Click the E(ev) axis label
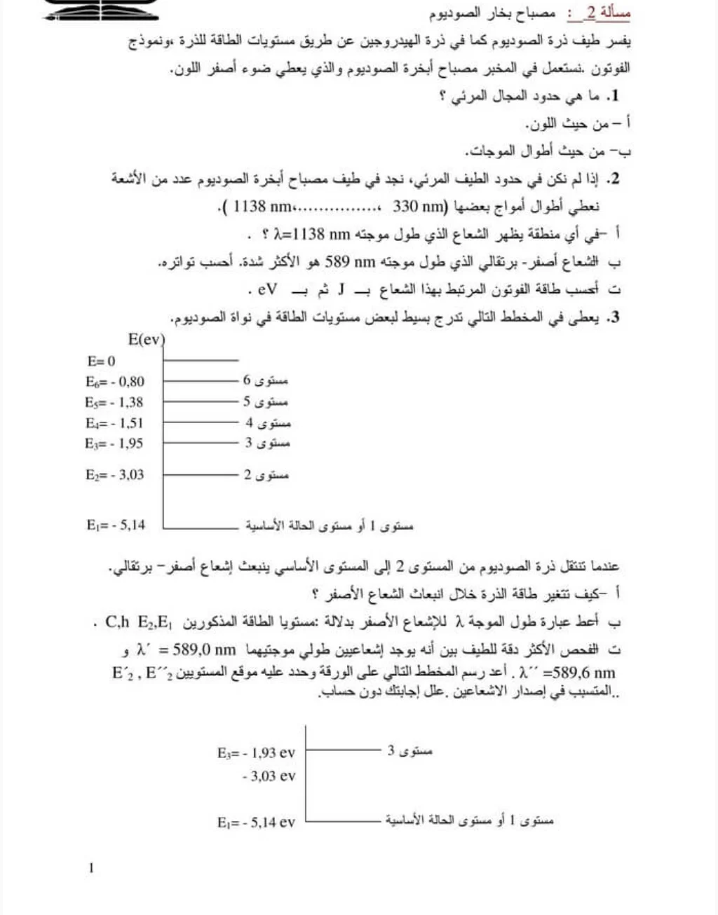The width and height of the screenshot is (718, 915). coord(146,340)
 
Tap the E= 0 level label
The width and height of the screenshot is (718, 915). coord(101,362)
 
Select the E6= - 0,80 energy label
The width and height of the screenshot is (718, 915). coord(115,382)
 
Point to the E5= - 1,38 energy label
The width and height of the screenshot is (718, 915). coord(114,402)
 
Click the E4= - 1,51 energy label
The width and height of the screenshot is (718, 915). coord(114,423)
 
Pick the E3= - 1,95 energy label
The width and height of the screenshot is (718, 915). coord(114,443)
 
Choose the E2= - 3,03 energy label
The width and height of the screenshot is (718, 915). coord(115,475)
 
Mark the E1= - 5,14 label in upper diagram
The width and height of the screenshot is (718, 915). coord(116,525)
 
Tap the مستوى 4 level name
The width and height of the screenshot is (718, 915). coord(267,423)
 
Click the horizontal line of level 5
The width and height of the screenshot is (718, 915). coord(201,402)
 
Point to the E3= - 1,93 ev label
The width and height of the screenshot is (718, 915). coord(256,753)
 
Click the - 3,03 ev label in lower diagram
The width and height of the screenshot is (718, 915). coord(269,776)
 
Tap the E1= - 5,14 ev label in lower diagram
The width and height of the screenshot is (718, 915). coord(256,822)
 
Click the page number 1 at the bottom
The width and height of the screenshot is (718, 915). coord(91,869)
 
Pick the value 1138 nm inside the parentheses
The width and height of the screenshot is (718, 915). coord(262,207)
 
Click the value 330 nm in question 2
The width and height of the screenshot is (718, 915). coord(419,207)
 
